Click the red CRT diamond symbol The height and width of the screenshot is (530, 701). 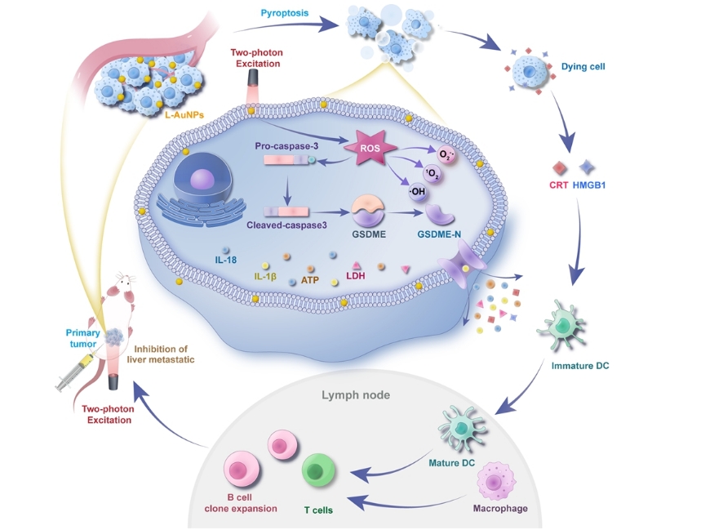[x=559, y=168]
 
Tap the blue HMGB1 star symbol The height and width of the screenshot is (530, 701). [x=586, y=168]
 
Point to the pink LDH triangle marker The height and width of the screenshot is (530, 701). [x=357, y=265]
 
